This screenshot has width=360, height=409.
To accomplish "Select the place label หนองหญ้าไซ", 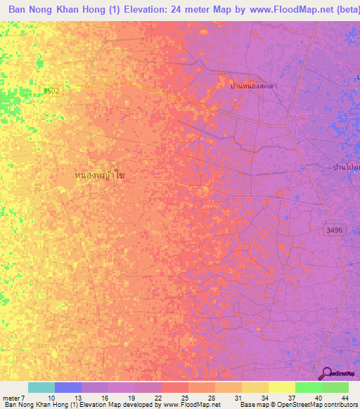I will (99, 174).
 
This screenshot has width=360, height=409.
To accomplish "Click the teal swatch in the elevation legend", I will (41, 387).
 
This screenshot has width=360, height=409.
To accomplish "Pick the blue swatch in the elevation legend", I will (68, 387).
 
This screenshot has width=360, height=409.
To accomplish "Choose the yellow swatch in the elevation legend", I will (282, 387).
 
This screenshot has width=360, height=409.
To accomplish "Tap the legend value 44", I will (345, 397).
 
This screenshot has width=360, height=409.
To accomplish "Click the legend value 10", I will (51, 397).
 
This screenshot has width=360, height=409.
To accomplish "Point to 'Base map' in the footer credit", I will (250, 405).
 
